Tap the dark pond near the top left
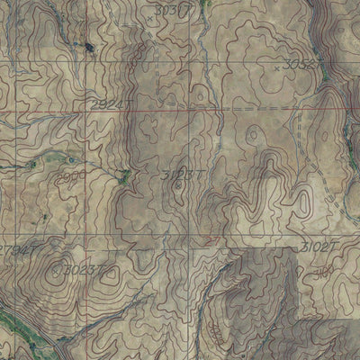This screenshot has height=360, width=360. point(90,50)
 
